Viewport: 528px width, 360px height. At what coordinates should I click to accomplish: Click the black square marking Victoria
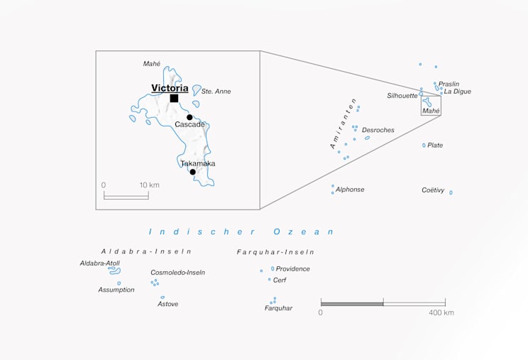(174, 98)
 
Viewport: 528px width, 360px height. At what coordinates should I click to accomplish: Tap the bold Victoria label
(170, 88)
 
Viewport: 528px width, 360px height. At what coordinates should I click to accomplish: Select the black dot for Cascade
(189, 117)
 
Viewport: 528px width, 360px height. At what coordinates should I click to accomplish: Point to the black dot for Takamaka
(192, 172)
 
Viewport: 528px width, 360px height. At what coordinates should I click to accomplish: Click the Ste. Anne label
(216, 92)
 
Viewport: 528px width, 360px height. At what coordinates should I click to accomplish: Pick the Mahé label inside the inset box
(152, 64)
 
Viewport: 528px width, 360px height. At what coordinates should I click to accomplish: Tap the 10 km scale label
(149, 185)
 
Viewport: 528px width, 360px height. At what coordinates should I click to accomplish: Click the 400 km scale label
(441, 312)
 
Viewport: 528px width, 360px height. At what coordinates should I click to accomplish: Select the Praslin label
(449, 84)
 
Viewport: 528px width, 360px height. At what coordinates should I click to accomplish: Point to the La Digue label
(457, 92)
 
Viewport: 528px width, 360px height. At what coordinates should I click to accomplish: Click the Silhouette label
(402, 96)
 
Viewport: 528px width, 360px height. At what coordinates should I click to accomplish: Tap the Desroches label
(378, 130)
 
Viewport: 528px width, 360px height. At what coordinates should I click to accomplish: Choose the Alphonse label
(350, 190)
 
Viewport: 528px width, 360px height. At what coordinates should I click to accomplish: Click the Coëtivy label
(433, 190)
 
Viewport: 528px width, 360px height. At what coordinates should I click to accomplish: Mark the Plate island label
(435, 146)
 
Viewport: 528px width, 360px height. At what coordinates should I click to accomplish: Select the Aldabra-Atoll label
(100, 263)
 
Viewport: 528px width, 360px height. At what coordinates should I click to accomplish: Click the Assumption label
(116, 290)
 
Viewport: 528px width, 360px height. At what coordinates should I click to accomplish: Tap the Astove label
(168, 304)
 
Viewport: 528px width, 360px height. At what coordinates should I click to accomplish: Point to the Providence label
(293, 269)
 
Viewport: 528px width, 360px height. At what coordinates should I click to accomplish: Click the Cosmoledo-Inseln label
(177, 273)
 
